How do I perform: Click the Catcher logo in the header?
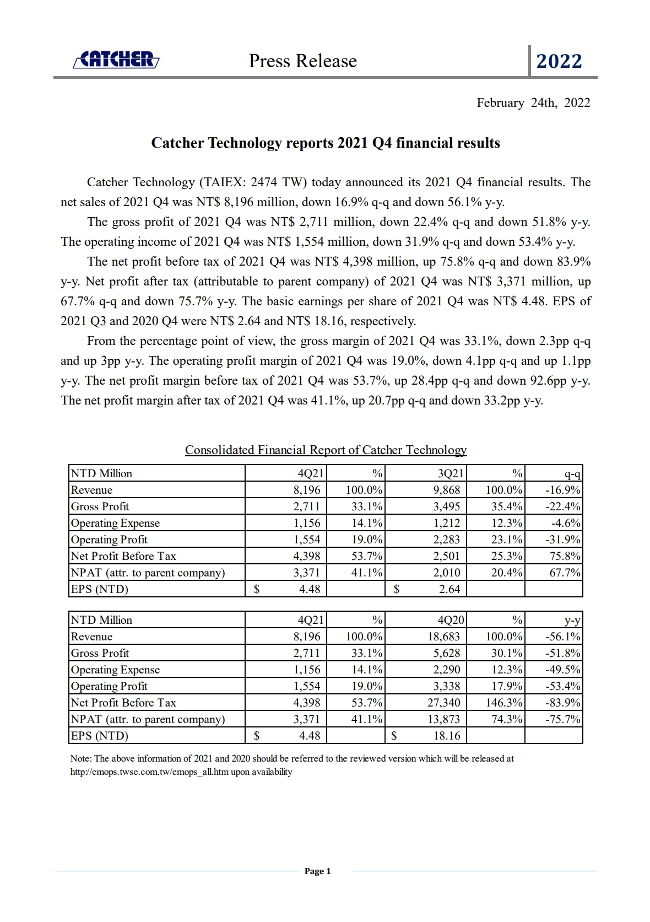[116, 60]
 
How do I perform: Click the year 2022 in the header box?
[559, 61]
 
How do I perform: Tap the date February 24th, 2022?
[533, 103]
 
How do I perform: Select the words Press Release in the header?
[302, 61]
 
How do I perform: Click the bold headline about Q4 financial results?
[326, 143]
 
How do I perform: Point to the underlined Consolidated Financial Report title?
[326, 450]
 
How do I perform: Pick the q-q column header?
[572, 473]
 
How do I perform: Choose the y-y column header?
[572, 620]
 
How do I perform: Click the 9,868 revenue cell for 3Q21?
[447, 490]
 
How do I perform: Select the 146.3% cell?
[504, 703]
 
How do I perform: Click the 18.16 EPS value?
[447, 736]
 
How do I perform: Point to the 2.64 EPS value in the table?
[449, 589]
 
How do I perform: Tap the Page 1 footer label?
[318, 871]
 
